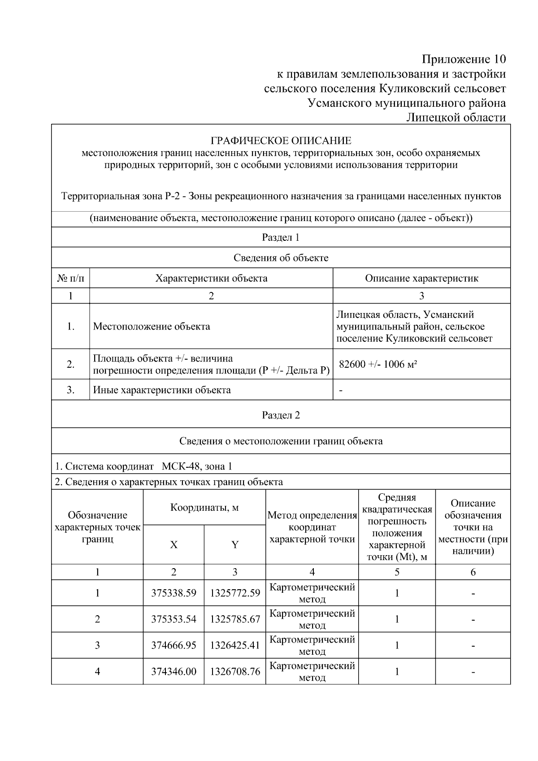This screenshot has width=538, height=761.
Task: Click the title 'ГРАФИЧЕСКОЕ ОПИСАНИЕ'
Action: pyautogui.click(x=281, y=141)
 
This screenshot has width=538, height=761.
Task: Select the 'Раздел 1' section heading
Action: pyautogui.click(x=281, y=237)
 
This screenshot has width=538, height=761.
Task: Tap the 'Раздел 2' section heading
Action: pyautogui.click(x=281, y=415)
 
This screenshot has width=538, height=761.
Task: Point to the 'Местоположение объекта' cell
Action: pyautogui.click(x=152, y=326)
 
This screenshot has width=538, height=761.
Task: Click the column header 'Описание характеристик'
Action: pyautogui.click(x=421, y=278)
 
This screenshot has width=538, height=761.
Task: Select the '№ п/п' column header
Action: pyautogui.click(x=70, y=278)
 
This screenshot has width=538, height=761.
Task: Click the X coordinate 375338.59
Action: pyautogui.click(x=174, y=593)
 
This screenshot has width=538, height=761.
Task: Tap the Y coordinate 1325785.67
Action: pyautogui.click(x=235, y=619)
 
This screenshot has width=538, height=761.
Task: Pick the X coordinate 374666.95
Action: pyautogui.click(x=174, y=645)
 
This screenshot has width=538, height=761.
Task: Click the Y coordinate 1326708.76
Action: pyautogui.click(x=235, y=671)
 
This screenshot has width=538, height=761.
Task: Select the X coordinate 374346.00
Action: pyautogui.click(x=174, y=671)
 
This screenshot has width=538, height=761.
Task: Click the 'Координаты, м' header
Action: pyautogui.click(x=204, y=508)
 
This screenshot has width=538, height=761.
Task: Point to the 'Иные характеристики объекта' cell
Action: pyautogui.click(x=162, y=390)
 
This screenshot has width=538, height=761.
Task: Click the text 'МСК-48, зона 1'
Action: pyautogui.click(x=197, y=466)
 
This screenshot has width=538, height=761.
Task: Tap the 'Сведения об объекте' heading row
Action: pyautogui.click(x=281, y=258)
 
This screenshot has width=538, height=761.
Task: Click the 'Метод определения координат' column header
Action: pyautogui.click(x=312, y=527)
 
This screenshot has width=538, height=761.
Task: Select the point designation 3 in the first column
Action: pyautogui.click(x=97, y=645)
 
